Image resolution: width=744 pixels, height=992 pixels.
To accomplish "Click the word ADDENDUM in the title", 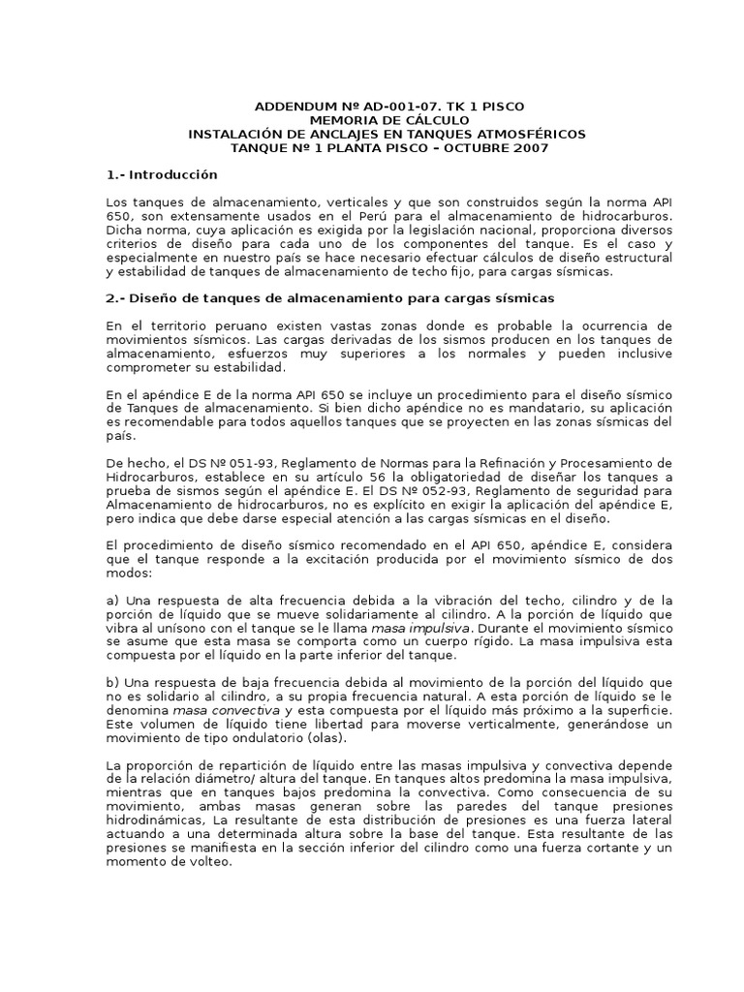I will coord(288,106).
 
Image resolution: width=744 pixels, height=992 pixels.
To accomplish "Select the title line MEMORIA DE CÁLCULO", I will coord(376,119).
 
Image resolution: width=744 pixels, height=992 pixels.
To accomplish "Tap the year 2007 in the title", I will coord(528,147).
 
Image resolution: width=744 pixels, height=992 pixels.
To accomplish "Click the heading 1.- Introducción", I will coord(162,174).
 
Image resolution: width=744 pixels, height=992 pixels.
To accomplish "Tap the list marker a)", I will coord(112,601).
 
